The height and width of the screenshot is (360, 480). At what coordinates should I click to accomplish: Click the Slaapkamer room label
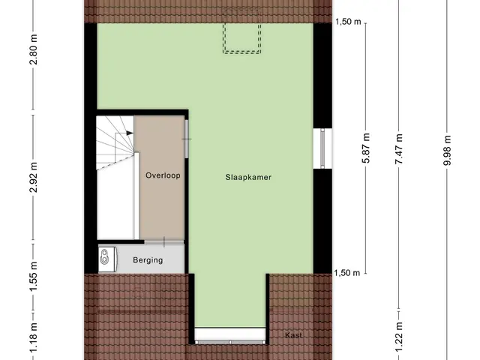248,177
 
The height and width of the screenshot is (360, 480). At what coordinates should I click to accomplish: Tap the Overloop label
163,175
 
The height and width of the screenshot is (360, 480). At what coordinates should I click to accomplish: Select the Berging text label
148,260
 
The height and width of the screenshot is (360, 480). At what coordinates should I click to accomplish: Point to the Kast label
293,335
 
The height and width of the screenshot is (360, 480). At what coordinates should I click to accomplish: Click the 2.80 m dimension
34,49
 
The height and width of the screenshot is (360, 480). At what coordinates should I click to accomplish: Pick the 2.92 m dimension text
34,177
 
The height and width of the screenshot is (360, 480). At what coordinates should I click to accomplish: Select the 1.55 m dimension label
34,276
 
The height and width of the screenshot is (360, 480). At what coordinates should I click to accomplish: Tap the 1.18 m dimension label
34,337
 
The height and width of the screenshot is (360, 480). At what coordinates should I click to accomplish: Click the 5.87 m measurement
366,148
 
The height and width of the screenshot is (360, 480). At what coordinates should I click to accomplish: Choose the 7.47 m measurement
398,148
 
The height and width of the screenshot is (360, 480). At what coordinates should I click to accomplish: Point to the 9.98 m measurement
447,150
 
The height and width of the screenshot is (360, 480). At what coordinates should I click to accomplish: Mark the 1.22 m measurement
398,337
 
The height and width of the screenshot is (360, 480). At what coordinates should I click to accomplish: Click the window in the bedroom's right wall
322,148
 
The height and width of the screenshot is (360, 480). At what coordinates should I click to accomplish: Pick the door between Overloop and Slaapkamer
187,139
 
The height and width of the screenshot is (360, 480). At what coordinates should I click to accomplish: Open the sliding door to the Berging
164,241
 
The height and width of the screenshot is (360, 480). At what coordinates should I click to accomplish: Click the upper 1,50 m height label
348,22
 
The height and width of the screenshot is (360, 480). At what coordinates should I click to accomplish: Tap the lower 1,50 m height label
347,273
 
